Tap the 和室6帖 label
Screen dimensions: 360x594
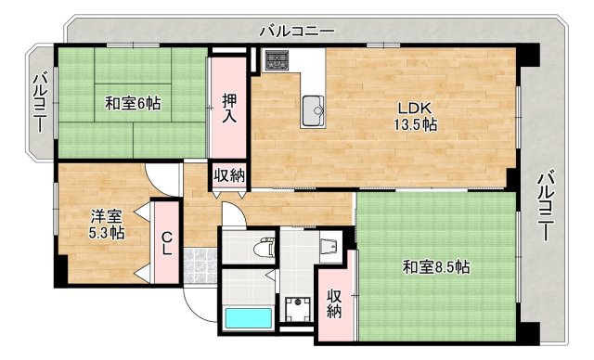click(132, 104)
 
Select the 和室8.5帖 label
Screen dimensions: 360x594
click(435, 267)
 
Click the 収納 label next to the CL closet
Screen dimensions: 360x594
click(229, 175)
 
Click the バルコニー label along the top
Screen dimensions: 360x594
click(297, 31)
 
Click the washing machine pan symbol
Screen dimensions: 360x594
click(297, 308)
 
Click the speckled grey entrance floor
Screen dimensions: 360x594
click(200, 266)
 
